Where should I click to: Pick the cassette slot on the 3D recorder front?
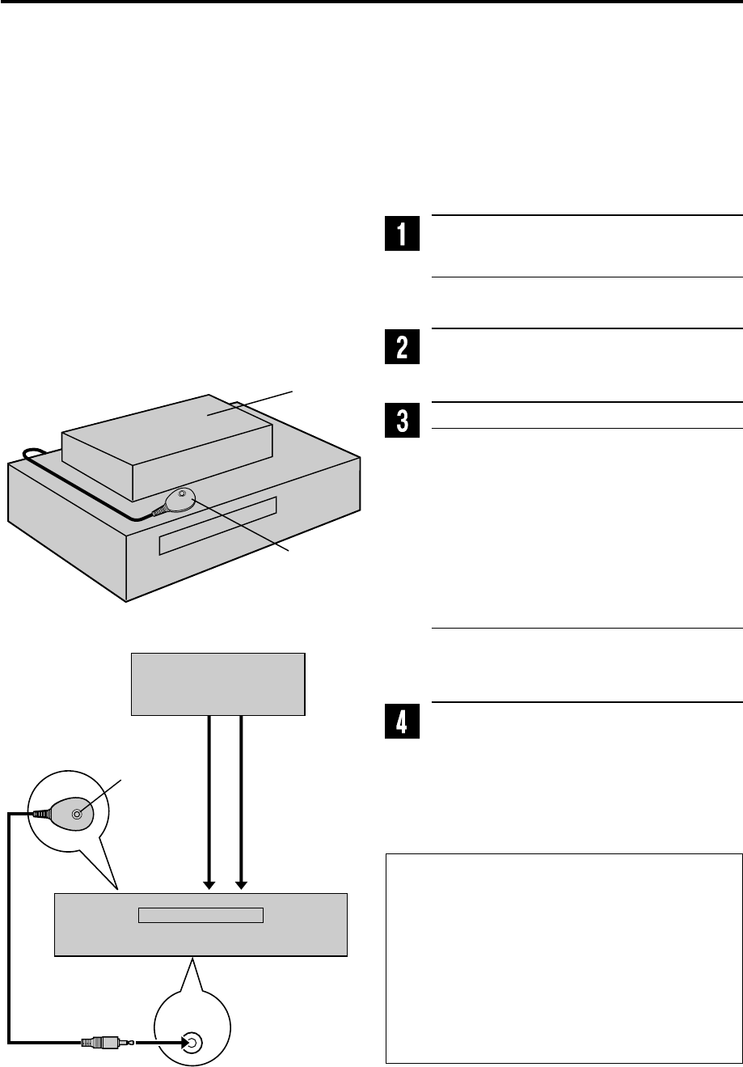click(218, 526)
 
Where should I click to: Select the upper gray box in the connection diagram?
click(218, 684)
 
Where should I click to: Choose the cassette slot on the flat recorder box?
click(201, 916)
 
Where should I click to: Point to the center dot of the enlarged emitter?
click(77, 815)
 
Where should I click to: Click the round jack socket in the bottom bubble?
click(191, 1043)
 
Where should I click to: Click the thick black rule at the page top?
click(371, 2)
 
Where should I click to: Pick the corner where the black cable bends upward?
click(11, 1042)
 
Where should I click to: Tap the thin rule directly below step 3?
click(587, 428)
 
